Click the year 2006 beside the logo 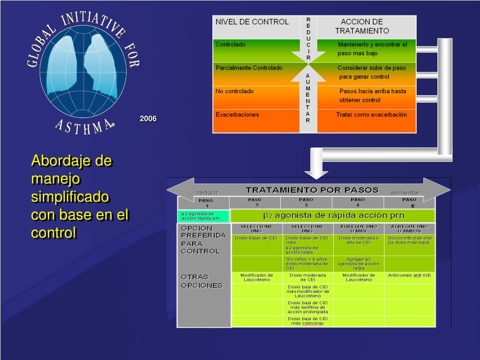coord(148,119)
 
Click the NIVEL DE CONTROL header coord(252,22)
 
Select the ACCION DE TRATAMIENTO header coord(361,26)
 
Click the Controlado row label coord(230,45)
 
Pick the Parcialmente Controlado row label coord(249,68)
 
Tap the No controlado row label coord(234,91)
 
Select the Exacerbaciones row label coord(237,114)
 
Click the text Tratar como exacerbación coord(371,114)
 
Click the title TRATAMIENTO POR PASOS coord(312,190)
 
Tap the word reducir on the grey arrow coord(208,193)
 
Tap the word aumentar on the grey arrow coord(405,193)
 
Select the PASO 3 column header coord(306,202)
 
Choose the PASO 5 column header coord(409,202)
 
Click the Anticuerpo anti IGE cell coord(409,275)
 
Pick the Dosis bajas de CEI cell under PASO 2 coord(256,238)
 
